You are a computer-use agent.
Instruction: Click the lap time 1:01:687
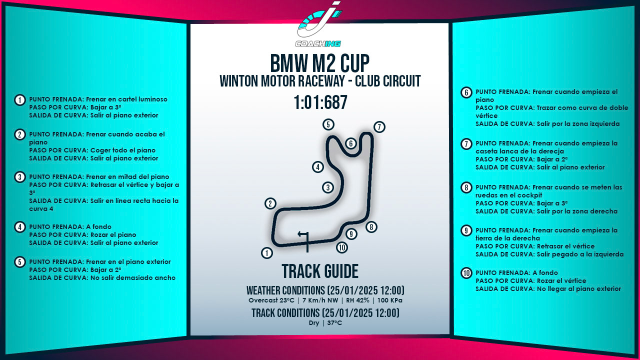320,102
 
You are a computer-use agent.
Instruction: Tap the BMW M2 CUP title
320,63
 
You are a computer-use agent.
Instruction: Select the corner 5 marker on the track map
328,124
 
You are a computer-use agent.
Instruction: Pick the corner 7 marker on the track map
379,127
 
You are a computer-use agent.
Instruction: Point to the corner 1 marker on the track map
267,253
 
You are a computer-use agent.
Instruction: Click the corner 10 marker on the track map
342,247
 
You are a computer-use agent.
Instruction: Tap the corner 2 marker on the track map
270,203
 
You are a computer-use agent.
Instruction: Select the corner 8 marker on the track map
371,227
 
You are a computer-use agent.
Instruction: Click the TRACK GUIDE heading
320,271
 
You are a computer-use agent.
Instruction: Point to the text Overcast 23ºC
270,300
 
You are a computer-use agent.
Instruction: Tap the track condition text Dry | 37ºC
325,322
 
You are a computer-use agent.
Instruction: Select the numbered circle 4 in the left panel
20,227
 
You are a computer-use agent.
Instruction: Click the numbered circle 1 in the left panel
20,100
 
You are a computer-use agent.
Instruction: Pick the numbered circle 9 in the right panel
466,230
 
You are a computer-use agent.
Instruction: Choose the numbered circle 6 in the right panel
466,92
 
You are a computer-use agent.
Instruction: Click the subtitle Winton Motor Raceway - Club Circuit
320,81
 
